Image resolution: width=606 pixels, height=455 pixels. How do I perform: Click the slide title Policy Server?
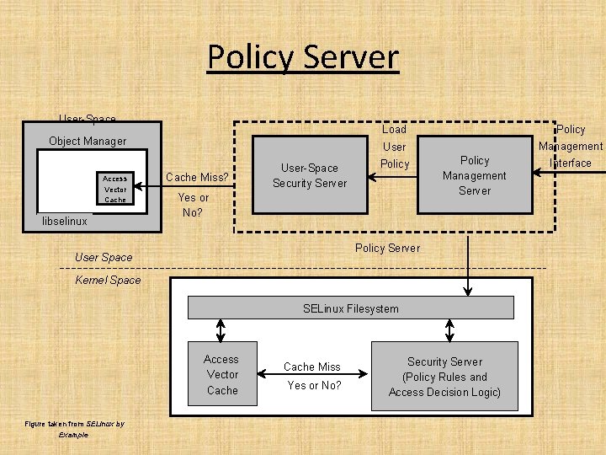click(x=303, y=57)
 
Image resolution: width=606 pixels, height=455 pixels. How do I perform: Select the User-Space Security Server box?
click(x=310, y=175)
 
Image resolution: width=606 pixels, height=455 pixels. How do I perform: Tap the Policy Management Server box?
click(x=475, y=175)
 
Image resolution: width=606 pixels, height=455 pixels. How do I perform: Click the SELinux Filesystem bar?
click(x=350, y=308)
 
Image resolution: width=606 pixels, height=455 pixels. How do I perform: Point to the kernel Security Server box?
click(x=444, y=377)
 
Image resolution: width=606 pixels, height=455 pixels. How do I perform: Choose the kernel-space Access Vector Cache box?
click(x=222, y=375)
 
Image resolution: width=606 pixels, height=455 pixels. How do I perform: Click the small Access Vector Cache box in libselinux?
click(x=114, y=189)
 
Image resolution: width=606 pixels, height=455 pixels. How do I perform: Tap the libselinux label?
click(x=66, y=221)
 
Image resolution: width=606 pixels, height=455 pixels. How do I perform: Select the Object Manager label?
click(x=88, y=141)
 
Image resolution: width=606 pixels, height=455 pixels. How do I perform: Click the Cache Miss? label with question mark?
click(x=197, y=177)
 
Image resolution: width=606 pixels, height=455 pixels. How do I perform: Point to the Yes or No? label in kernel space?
click(x=314, y=385)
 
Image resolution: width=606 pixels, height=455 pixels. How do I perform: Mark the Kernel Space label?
click(x=109, y=280)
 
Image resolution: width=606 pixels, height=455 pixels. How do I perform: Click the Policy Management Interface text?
click(x=571, y=146)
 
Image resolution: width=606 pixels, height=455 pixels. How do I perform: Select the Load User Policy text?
click(x=394, y=147)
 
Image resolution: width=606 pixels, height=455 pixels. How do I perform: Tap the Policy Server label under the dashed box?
click(x=387, y=248)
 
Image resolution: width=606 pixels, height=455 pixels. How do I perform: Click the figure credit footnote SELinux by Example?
click(x=74, y=429)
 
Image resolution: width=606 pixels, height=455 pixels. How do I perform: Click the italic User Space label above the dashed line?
click(x=104, y=257)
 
